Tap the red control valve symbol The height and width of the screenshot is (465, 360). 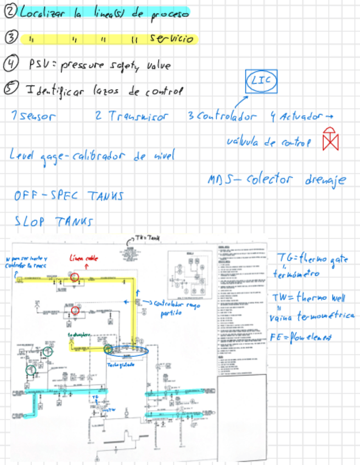coord(330,139)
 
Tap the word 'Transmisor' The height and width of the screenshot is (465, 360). coord(138,116)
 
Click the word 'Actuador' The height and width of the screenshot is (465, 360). coord(300,116)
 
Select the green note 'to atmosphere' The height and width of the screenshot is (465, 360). coord(78,334)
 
